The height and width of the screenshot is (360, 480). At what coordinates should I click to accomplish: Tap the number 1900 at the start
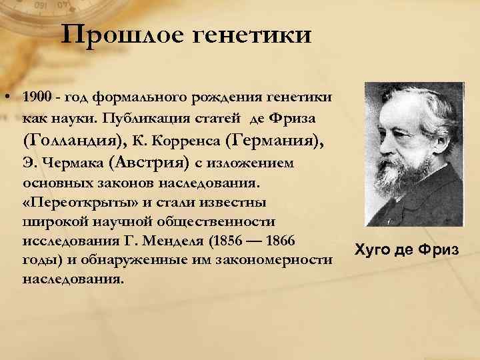coord(35,98)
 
